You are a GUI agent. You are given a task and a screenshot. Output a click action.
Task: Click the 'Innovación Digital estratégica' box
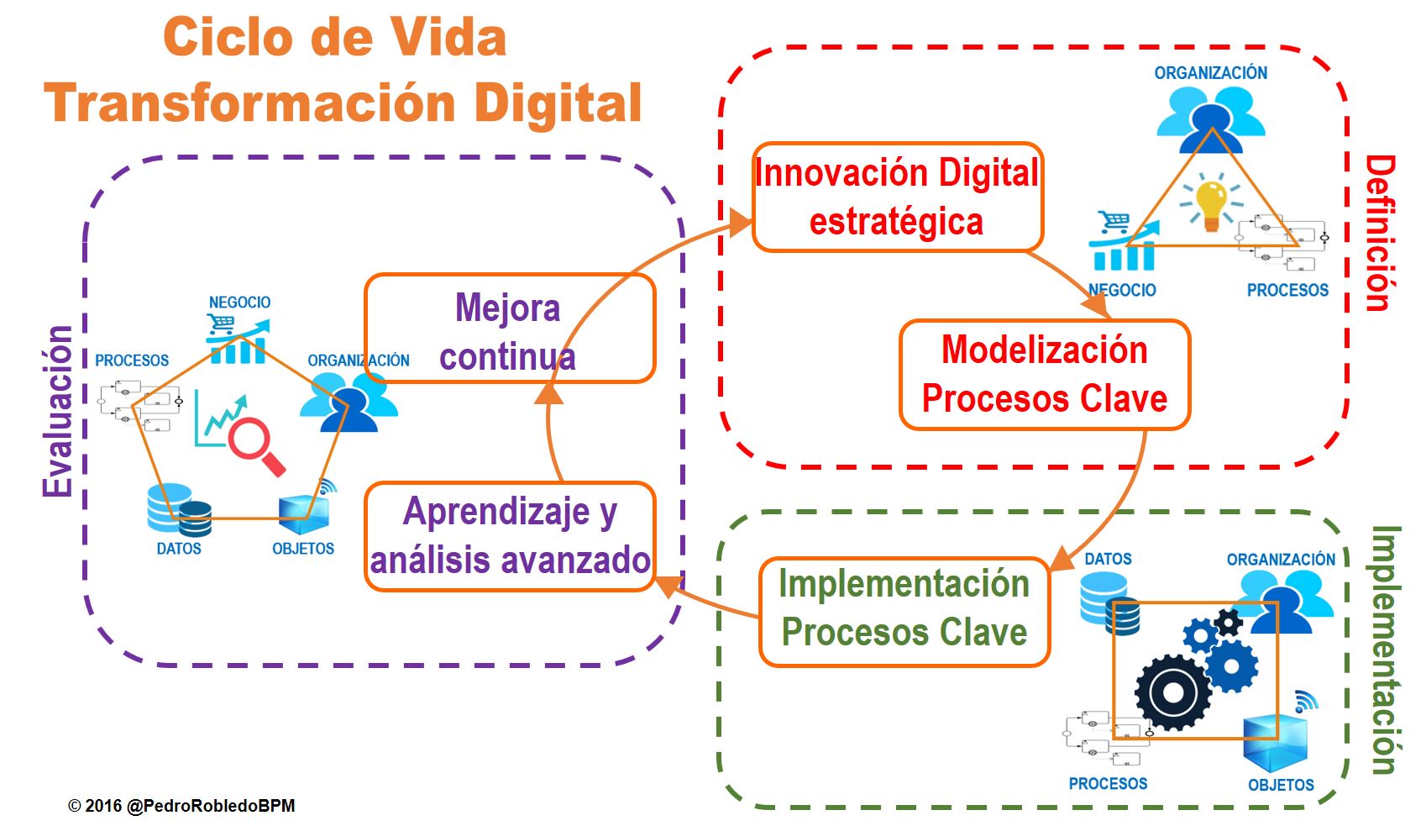pyautogui.click(x=897, y=197)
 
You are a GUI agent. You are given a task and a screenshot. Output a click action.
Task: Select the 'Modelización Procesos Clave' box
pyautogui.click(x=1044, y=375)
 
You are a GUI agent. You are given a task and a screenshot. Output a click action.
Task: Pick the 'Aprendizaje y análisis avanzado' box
pyautogui.click(x=509, y=536)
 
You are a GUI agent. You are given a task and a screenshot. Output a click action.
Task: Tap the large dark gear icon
pyautogui.click(x=1173, y=692)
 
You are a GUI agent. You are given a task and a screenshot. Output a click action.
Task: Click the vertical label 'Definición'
pyautogui.click(x=1379, y=233)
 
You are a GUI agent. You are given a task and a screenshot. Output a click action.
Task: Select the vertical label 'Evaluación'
pyautogui.click(x=58, y=411)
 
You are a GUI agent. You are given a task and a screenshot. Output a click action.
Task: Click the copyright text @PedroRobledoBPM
pyautogui.click(x=182, y=805)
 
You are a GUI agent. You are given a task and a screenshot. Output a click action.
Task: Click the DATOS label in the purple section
pyautogui.click(x=179, y=549)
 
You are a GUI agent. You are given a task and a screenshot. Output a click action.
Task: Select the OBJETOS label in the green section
pyautogui.click(x=1280, y=785)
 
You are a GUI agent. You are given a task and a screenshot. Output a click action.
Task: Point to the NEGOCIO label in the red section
pyautogui.click(x=1122, y=290)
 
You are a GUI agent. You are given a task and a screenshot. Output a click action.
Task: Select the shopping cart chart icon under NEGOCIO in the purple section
pyautogui.click(x=238, y=339)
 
